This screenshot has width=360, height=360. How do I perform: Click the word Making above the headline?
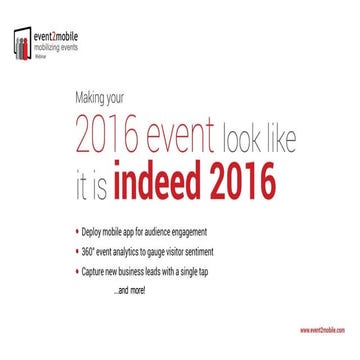point(93,98)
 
